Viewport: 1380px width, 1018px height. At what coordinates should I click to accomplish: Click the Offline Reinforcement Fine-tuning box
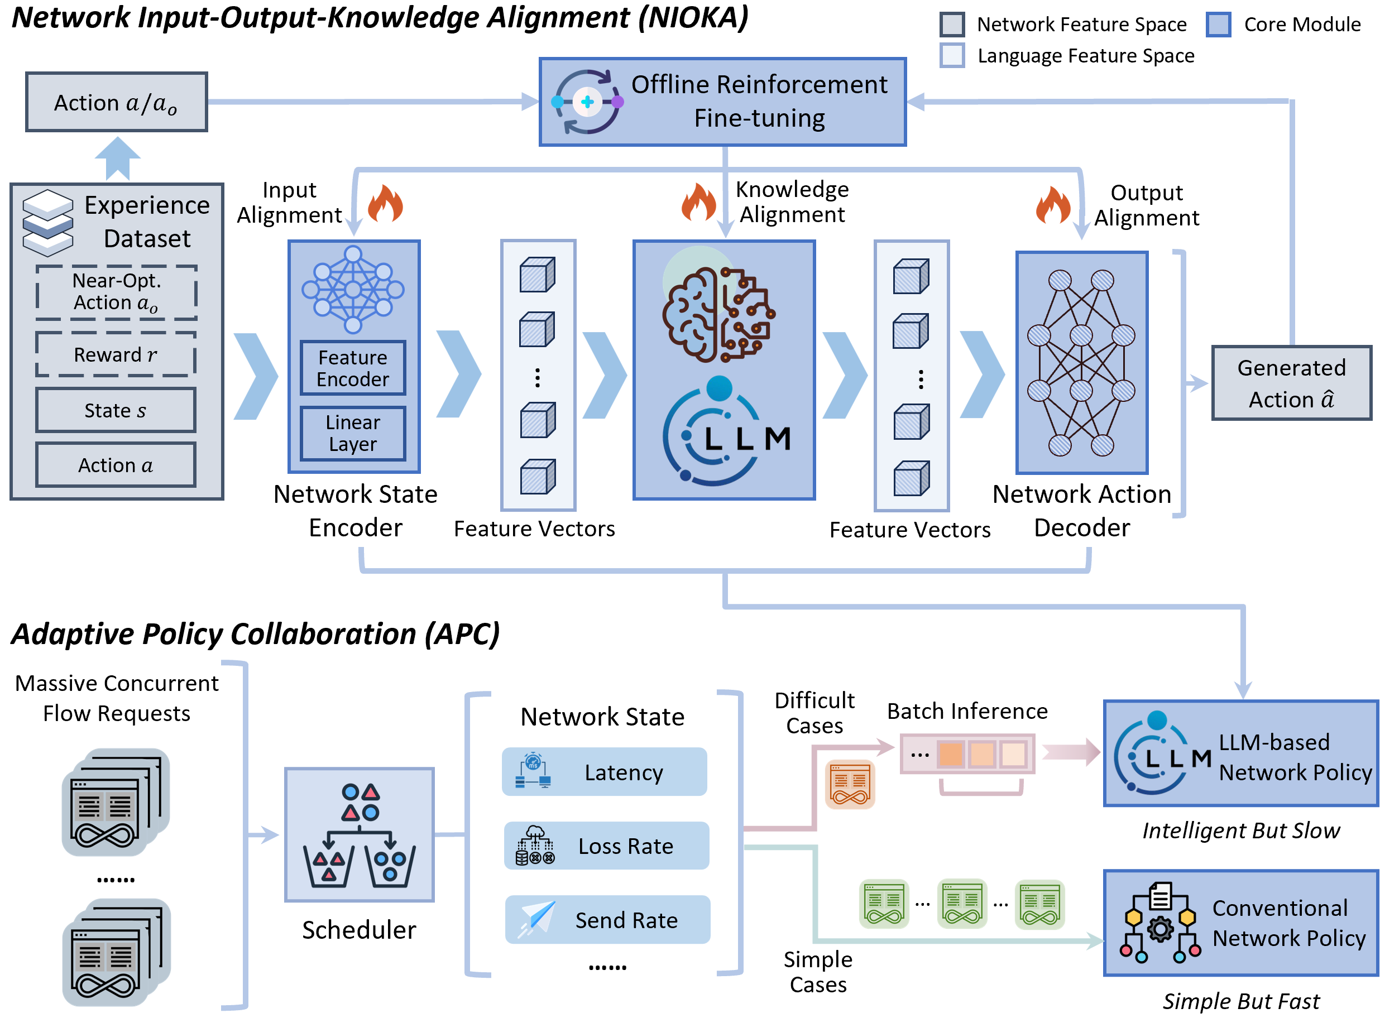click(x=722, y=102)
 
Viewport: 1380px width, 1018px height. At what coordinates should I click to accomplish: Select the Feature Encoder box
click(x=353, y=368)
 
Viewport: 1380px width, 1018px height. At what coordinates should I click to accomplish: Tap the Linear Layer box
click(x=353, y=433)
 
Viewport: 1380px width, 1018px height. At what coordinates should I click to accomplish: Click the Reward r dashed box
click(x=116, y=354)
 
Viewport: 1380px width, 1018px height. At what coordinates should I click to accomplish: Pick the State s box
click(x=116, y=410)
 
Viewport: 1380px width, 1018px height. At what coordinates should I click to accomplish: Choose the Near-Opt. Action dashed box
click(x=116, y=292)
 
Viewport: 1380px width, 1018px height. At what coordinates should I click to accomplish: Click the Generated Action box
click(x=1291, y=383)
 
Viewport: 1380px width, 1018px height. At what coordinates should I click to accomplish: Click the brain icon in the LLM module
click(x=718, y=314)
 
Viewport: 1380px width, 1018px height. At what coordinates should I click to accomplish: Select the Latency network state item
click(x=604, y=771)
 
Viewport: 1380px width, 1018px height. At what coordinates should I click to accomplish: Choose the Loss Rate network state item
click(x=606, y=846)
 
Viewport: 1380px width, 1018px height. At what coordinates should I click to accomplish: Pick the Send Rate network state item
click(x=607, y=919)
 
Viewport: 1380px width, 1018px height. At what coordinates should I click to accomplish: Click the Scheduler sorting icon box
click(x=360, y=835)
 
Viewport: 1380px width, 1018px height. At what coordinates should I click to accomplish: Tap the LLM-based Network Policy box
click(x=1240, y=753)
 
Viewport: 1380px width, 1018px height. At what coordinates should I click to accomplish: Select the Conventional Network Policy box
click(x=1240, y=923)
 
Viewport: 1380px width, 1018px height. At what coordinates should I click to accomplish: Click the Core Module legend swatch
click(x=1218, y=25)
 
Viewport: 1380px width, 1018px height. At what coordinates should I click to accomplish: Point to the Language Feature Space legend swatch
click(x=952, y=55)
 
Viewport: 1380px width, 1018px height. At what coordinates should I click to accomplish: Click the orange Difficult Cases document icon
click(x=850, y=785)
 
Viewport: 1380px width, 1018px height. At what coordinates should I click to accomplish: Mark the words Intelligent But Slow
click(x=1240, y=830)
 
